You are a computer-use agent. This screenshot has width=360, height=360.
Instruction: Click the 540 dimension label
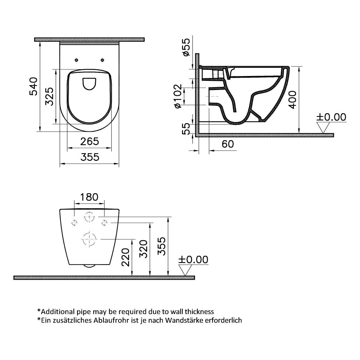[34, 86]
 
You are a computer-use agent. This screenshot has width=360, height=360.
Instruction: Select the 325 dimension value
[50, 96]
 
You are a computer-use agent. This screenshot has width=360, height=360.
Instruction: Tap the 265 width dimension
[89, 142]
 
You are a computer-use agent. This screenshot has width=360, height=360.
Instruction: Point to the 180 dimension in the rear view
[89, 197]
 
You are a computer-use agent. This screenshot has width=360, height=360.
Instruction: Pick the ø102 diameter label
[178, 96]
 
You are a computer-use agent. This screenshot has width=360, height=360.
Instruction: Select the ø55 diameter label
[186, 47]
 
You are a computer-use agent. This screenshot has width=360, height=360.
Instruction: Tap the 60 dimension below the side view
[228, 144]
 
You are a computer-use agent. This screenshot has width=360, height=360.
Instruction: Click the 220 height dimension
[125, 257]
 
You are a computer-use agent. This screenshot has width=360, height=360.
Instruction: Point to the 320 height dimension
[144, 249]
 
